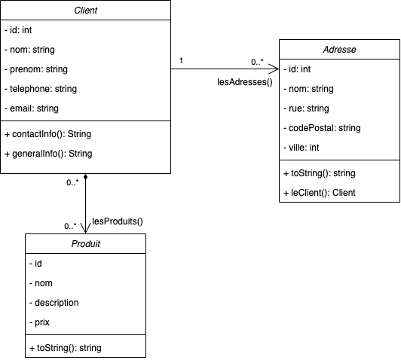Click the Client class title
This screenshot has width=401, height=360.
click(86, 11)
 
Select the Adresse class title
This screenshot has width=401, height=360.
click(339, 50)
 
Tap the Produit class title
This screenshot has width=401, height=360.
click(85, 245)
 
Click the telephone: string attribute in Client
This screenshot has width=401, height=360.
click(45, 89)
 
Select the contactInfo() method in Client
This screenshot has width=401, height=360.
click(48, 134)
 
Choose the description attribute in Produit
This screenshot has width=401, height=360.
click(54, 302)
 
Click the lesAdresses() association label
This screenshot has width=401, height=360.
click(243, 81)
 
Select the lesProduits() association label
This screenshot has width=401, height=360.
click(117, 221)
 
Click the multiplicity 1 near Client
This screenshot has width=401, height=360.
click(180, 59)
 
